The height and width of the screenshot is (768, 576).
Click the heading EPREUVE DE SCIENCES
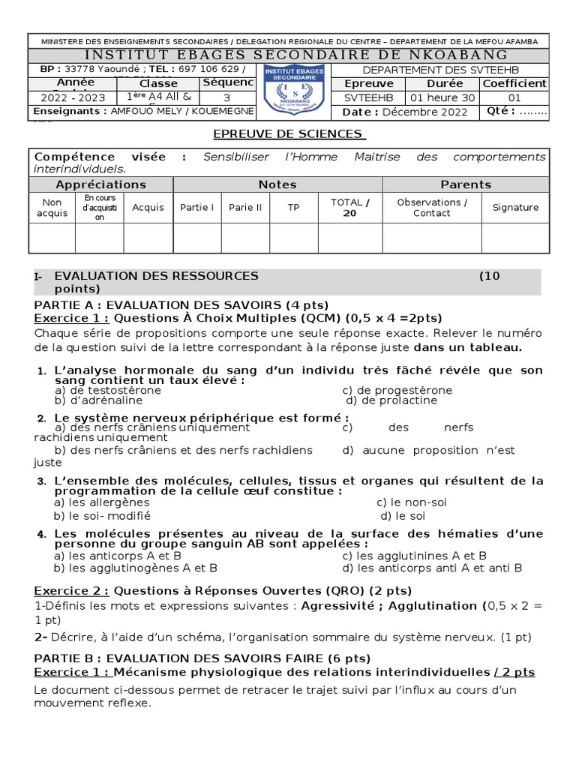288,133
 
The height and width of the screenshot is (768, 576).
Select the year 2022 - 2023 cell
73,97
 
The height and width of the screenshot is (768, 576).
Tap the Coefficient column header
514,83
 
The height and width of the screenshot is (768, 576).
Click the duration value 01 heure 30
441,97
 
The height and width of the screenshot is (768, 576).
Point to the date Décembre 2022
425,112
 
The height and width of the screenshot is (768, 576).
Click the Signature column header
515,208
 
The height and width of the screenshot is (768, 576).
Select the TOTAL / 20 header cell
350,208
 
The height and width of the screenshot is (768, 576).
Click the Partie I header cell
196,208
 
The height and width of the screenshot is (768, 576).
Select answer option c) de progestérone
397,390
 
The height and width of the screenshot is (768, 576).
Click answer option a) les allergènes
102,502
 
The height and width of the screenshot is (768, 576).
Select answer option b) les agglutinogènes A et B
136,568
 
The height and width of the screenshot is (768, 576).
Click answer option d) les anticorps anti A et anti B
432,568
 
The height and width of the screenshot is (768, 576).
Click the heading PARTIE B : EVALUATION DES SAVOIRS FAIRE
202,658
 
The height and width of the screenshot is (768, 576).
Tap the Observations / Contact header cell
432,208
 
